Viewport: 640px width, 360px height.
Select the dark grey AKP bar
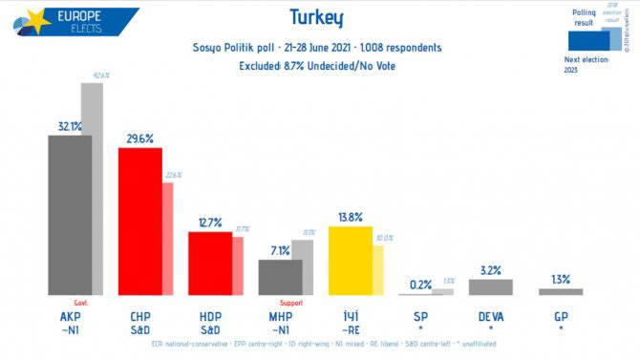coord(70,215)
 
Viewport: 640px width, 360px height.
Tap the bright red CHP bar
coord(139,222)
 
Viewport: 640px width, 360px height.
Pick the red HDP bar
coord(209,263)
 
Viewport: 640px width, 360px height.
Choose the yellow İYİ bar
coord(350,261)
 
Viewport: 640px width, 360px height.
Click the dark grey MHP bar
coord(280,277)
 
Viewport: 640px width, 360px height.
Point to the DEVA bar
coord(491,286)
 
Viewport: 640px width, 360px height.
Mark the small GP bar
coord(561,291)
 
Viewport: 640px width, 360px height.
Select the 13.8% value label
coord(349,217)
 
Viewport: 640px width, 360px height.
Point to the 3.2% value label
coord(491,270)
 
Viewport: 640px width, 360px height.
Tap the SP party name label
coord(420,316)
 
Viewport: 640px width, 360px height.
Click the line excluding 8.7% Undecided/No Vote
coord(315,66)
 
